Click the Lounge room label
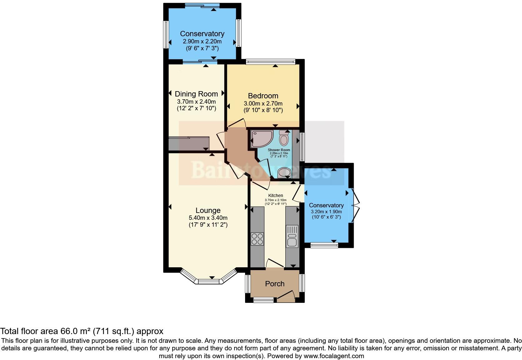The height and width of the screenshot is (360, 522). tap(208, 210)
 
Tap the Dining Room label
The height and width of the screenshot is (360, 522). tap(196, 94)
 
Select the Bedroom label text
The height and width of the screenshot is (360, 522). tap(263, 96)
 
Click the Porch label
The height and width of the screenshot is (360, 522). tap(275, 284)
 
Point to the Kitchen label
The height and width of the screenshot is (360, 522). tap(275, 195)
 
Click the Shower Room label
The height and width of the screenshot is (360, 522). tap(279, 150)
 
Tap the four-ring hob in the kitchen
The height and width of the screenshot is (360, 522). tap(257, 239)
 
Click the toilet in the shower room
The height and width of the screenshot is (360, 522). tap(284, 138)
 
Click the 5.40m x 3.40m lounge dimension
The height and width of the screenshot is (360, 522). tap(208, 218)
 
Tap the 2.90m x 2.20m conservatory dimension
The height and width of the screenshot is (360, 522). tap(202, 41)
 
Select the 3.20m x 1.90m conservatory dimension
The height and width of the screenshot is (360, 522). tap(326, 212)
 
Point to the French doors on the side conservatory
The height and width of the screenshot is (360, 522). tap(355, 205)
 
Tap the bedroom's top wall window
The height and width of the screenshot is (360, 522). tap(270, 62)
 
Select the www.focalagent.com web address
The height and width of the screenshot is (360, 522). tap(334, 356)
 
